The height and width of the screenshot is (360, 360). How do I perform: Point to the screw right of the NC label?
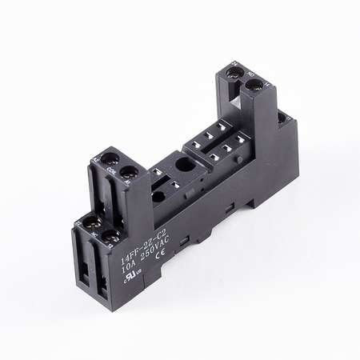coord(108,237)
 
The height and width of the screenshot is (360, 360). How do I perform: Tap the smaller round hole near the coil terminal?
coord(158,196)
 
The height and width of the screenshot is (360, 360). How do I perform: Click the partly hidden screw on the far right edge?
coord(281,118)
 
